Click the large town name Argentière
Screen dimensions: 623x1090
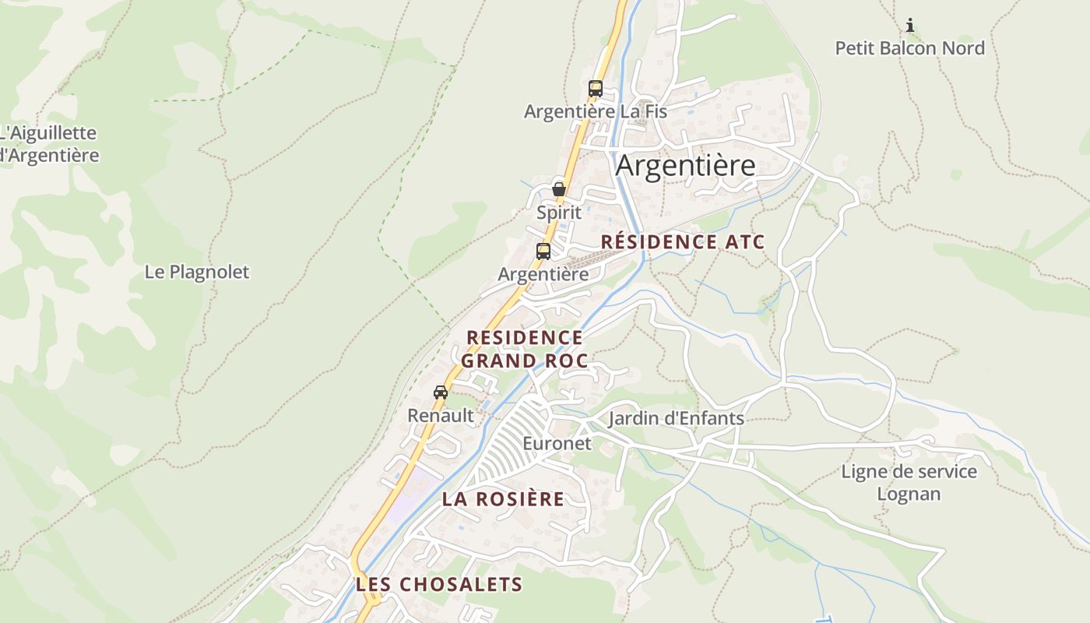tap(685, 166)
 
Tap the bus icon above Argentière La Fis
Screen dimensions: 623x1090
tap(596, 89)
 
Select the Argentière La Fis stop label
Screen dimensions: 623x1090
tap(596, 111)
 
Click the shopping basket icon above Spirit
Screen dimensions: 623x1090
tap(558, 188)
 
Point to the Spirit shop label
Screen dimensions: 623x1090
tap(559, 212)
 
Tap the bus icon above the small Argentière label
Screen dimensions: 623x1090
tap(543, 252)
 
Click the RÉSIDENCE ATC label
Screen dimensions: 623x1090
tap(683, 242)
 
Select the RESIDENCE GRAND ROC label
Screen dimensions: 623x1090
tap(524, 349)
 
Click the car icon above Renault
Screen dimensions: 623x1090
tap(441, 392)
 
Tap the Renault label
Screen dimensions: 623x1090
tap(441, 416)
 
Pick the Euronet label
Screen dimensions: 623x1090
tap(557, 444)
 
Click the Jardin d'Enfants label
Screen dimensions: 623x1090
tap(676, 419)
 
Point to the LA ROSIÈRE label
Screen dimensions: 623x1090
tap(503, 499)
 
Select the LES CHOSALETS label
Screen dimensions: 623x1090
tap(439, 584)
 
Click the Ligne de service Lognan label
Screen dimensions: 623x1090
tap(909, 483)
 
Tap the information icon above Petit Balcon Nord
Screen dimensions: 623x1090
tap(909, 26)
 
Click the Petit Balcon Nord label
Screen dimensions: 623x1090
tap(909, 48)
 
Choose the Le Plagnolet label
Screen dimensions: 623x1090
tap(197, 272)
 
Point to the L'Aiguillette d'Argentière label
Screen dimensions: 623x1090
tap(48, 144)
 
